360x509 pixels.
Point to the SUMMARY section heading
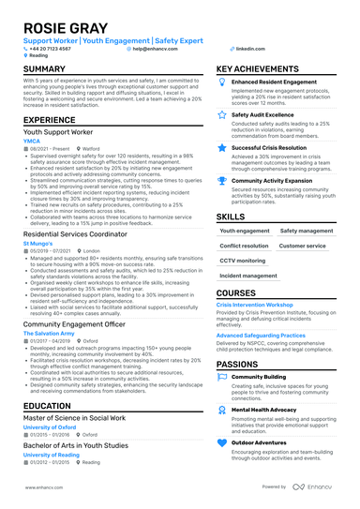(44, 69)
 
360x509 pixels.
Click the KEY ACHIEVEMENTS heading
(264, 69)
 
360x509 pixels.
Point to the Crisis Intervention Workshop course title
(262, 305)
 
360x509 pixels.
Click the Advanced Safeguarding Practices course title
(261, 335)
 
